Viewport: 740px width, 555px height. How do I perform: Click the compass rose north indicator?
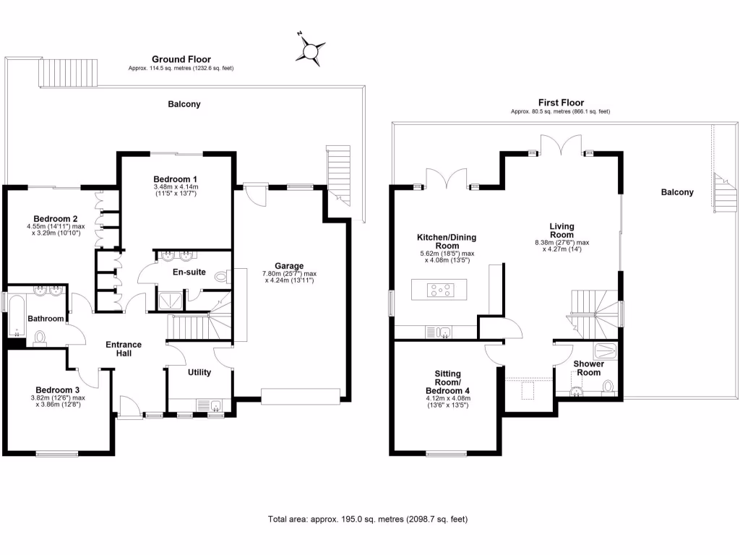click(311, 51)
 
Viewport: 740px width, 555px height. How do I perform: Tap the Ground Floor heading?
click(181, 59)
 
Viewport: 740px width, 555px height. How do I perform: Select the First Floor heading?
click(561, 103)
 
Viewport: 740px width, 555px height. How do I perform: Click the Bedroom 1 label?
click(176, 178)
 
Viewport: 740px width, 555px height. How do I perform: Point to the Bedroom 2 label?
click(56, 218)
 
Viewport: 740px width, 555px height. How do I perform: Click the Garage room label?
click(289, 265)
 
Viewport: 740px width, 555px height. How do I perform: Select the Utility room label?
click(199, 373)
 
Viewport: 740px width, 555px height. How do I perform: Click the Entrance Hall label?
click(124, 349)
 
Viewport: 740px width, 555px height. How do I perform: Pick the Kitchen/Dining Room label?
click(447, 241)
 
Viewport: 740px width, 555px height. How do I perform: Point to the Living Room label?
click(562, 230)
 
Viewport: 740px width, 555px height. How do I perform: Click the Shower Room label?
click(589, 368)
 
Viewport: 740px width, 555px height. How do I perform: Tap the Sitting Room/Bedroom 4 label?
click(447, 382)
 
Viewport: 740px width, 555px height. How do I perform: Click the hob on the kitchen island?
click(439, 291)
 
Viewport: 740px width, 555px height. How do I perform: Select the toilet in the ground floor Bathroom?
click(40, 337)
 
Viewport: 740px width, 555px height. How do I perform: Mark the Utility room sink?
click(215, 405)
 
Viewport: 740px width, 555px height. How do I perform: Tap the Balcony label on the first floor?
click(677, 192)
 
